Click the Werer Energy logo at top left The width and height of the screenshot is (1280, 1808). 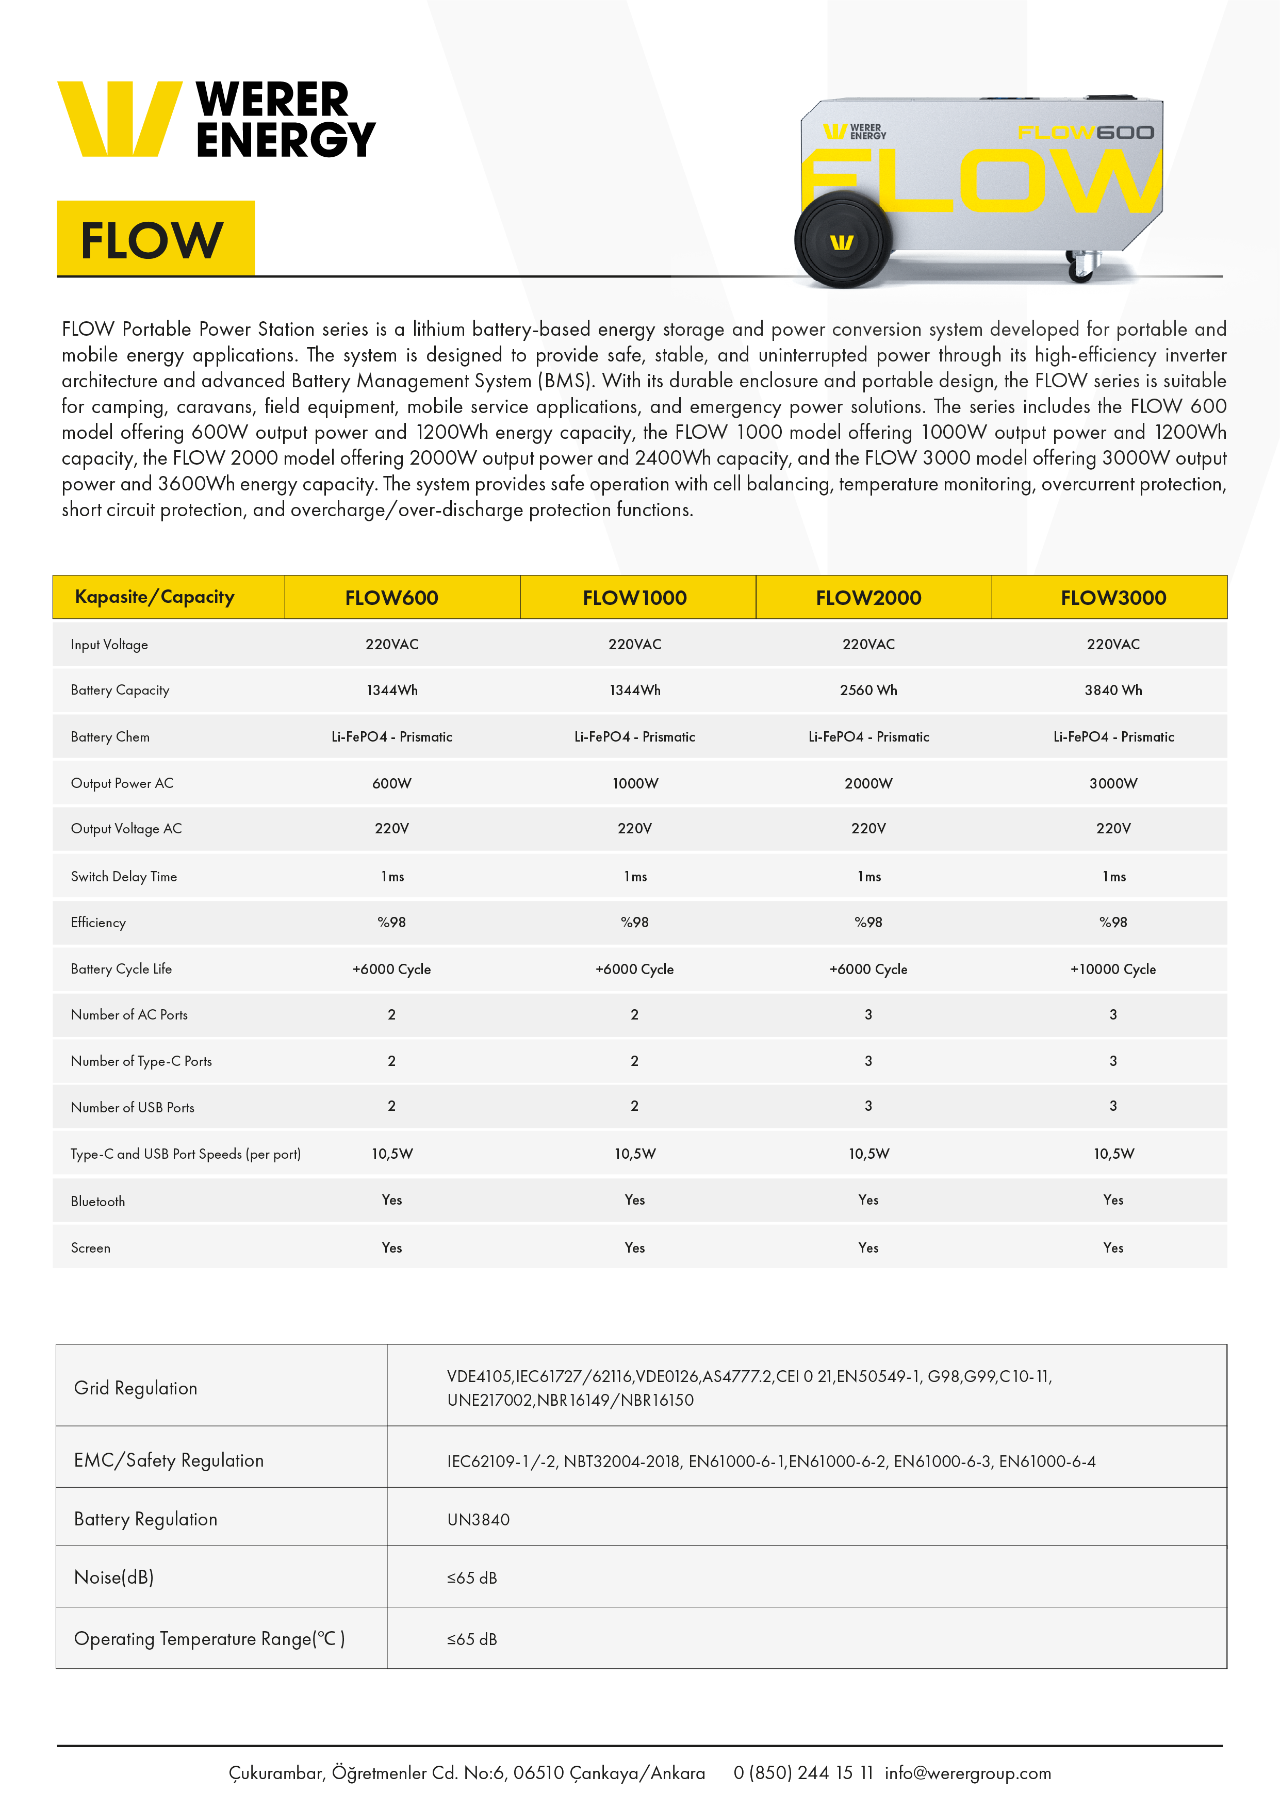[x=216, y=119]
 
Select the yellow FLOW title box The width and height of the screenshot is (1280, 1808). [x=155, y=239]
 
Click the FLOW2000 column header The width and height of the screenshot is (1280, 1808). [x=868, y=597]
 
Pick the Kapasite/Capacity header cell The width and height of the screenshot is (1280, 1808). [x=155, y=597]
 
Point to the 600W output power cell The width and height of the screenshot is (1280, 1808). [x=392, y=783]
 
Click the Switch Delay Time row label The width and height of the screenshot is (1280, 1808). [x=124, y=877]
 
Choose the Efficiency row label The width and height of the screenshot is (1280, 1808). [x=99, y=922]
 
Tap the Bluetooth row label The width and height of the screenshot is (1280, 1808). [x=98, y=1201]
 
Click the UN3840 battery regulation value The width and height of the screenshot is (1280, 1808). [x=479, y=1520]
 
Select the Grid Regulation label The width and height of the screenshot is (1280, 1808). [x=136, y=1388]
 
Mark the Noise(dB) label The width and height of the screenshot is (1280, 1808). [x=113, y=1577]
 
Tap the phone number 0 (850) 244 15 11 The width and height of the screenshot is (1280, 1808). [x=803, y=1772]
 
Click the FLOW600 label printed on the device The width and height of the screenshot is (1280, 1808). [x=1086, y=133]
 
